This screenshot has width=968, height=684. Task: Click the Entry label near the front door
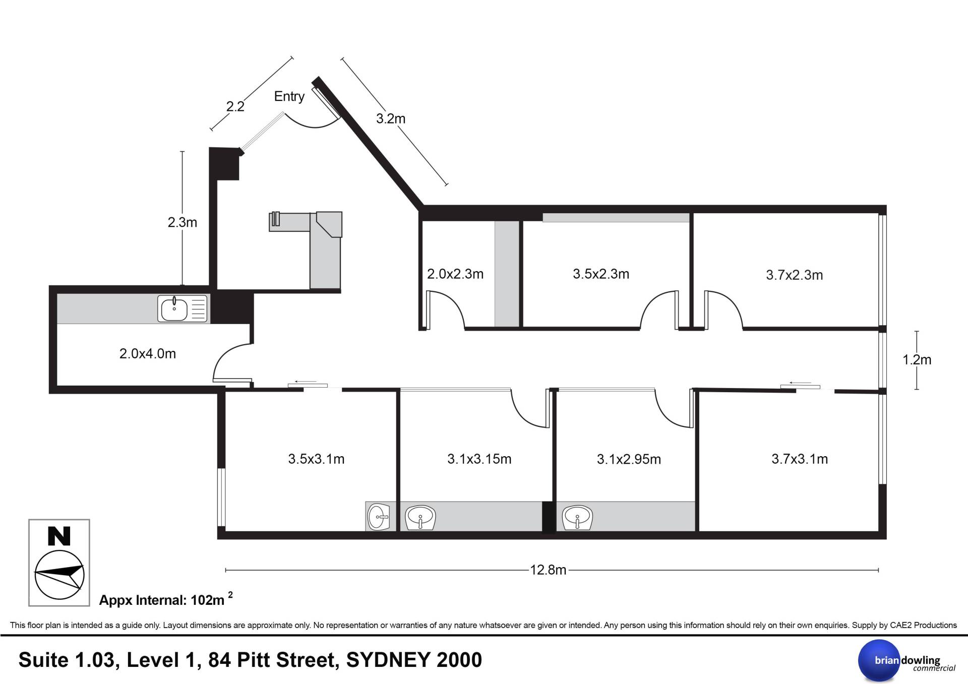pyautogui.click(x=289, y=96)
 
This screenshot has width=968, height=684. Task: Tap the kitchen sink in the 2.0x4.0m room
pyautogui.click(x=183, y=308)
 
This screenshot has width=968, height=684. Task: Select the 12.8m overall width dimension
pyautogui.click(x=548, y=570)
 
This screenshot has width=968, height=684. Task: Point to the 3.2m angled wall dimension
pyautogui.click(x=391, y=118)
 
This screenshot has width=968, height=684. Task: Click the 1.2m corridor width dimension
pyautogui.click(x=917, y=360)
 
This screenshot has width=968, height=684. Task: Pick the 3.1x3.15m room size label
pyautogui.click(x=479, y=459)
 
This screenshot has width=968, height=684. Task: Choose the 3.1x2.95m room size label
pyautogui.click(x=629, y=459)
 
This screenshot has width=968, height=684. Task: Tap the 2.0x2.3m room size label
pyautogui.click(x=455, y=274)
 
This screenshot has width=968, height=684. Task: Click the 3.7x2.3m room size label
pyautogui.click(x=795, y=275)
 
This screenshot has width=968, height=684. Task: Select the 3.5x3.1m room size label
pyautogui.click(x=316, y=459)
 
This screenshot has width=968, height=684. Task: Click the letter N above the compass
pyautogui.click(x=59, y=536)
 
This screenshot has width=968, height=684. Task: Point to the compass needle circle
pyautogui.click(x=59, y=575)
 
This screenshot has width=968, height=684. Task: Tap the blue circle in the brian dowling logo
pyautogui.click(x=879, y=660)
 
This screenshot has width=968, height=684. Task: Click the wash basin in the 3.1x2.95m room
pyautogui.click(x=577, y=518)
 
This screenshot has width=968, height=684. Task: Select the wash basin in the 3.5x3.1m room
pyautogui.click(x=379, y=517)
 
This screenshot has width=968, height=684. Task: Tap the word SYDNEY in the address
pyautogui.click(x=388, y=660)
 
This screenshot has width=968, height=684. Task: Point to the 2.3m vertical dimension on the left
pyautogui.click(x=182, y=222)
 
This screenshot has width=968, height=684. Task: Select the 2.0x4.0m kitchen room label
pyautogui.click(x=148, y=354)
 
